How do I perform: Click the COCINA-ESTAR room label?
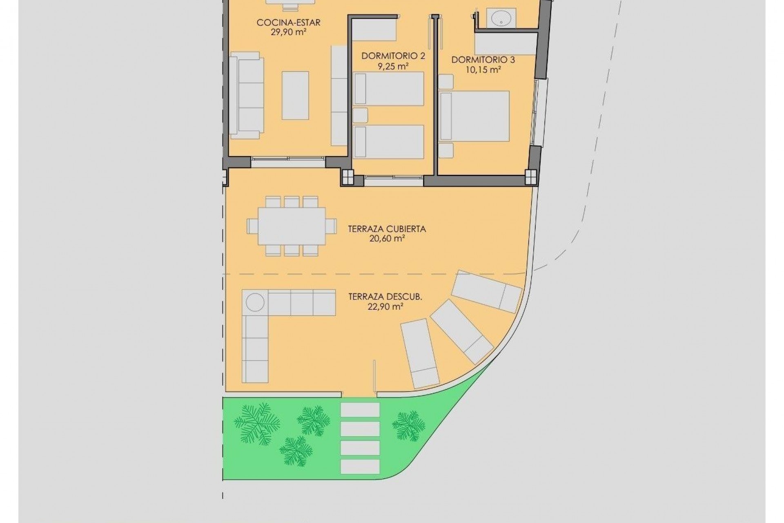point(288,22)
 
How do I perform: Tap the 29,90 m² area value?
point(288,32)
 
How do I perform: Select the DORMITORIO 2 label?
point(393,56)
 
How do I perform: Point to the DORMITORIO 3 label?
point(483,60)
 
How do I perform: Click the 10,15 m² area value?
point(483,70)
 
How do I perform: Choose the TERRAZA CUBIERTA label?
point(387,229)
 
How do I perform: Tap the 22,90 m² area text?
point(385,306)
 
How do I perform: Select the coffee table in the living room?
point(295,95)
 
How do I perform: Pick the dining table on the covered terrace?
point(292,226)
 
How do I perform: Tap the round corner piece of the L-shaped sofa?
point(255,303)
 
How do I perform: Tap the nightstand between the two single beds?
point(360,115)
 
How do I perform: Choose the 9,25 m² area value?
point(393,66)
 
